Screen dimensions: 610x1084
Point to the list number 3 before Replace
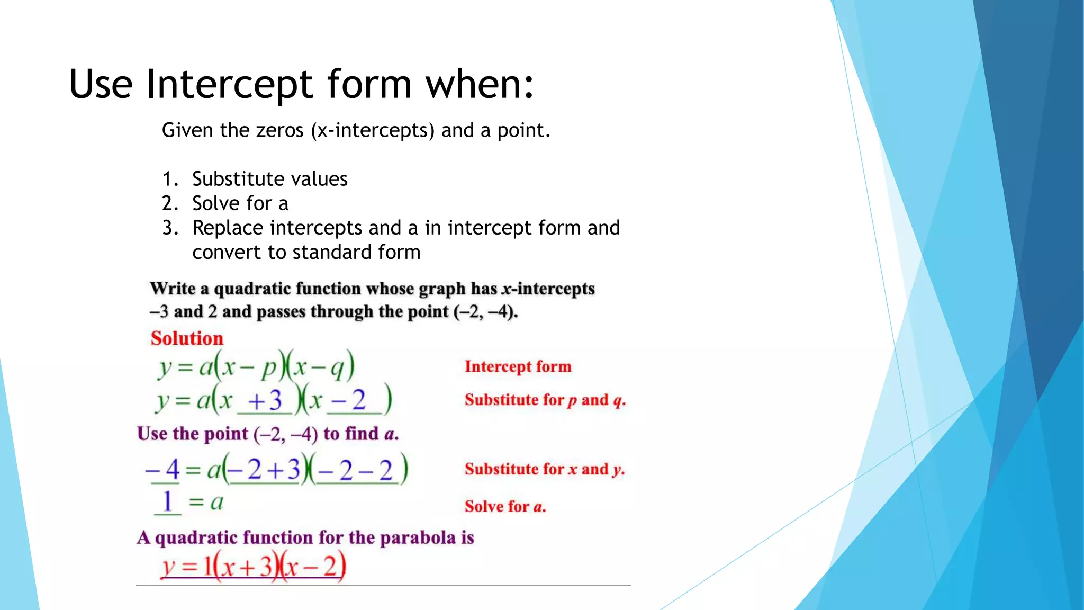tap(169, 228)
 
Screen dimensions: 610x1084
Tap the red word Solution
tap(187, 338)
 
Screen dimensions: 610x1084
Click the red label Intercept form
tap(518, 366)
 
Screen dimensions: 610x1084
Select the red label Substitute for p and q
tap(545, 400)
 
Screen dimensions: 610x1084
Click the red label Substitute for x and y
tap(544, 469)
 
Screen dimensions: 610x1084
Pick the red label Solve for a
tap(505, 507)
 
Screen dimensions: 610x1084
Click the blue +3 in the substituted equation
tap(265, 400)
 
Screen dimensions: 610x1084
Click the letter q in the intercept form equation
tap(337, 369)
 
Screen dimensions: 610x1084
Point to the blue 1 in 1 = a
tap(167, 501)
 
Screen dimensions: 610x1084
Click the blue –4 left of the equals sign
tap(163, 469)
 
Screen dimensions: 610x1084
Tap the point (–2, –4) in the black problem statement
tap(485, 312)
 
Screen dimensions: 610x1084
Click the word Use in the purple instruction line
tap(152, 434)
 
